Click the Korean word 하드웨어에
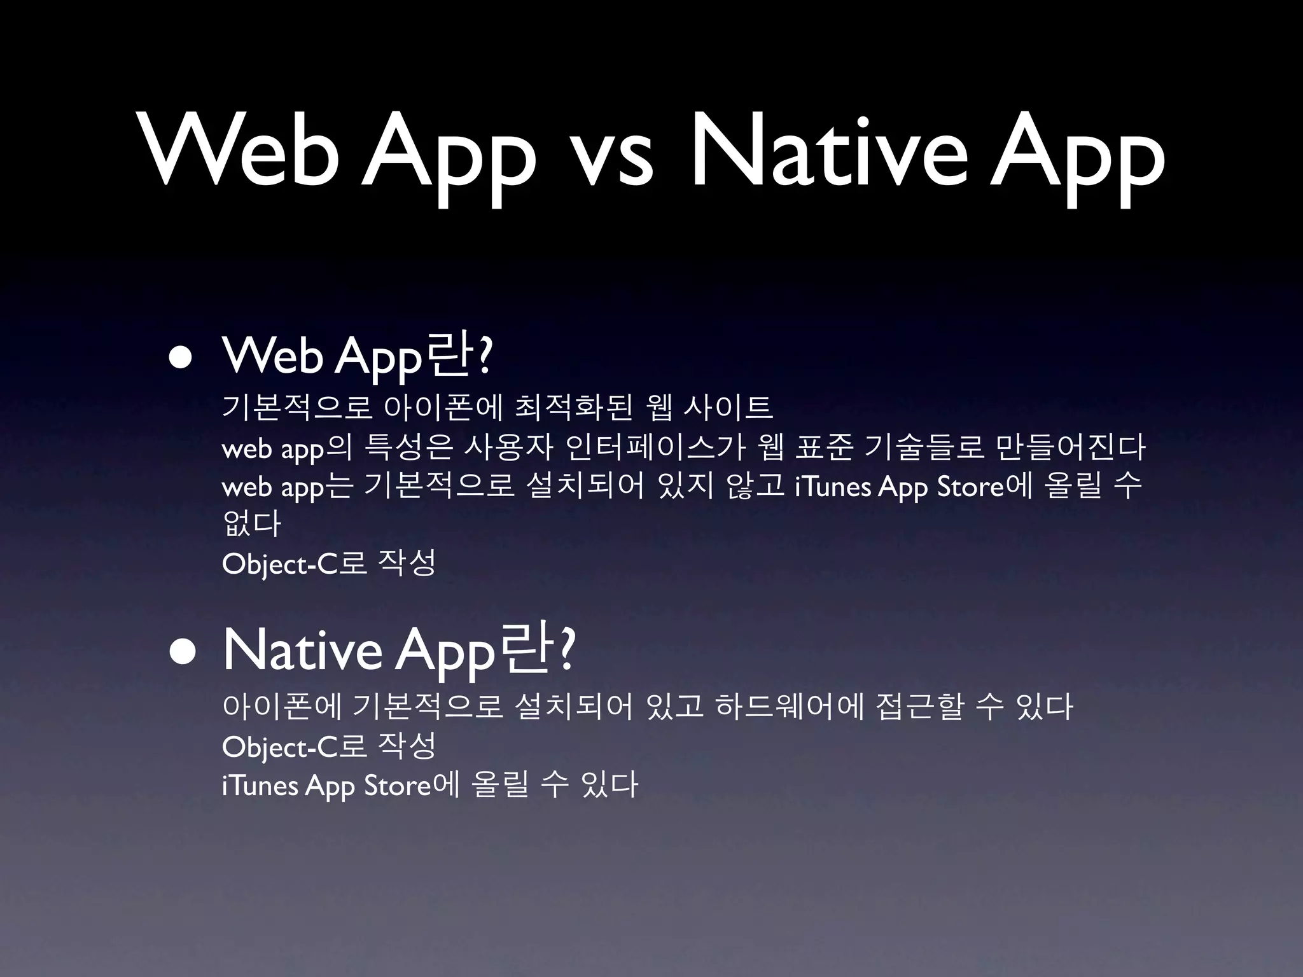coord(788,707)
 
